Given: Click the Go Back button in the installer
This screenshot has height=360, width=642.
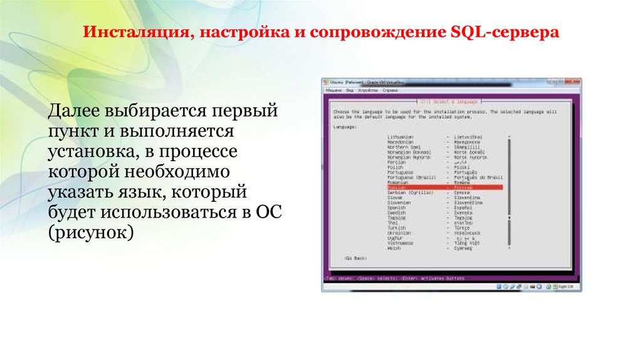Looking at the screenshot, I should point(355,258).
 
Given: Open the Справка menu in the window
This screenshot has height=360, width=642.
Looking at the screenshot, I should point(390,90).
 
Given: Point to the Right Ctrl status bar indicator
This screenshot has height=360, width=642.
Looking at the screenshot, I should point(567,286).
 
